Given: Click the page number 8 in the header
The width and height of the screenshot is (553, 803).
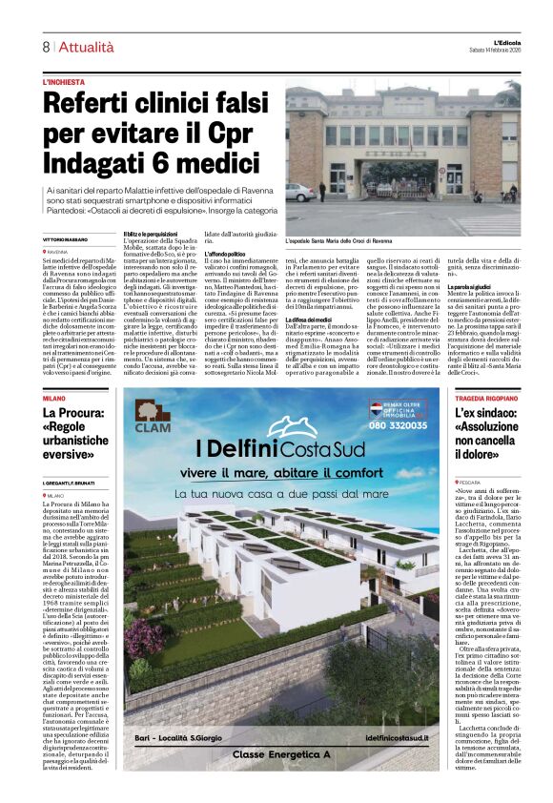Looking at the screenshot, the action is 46,47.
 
